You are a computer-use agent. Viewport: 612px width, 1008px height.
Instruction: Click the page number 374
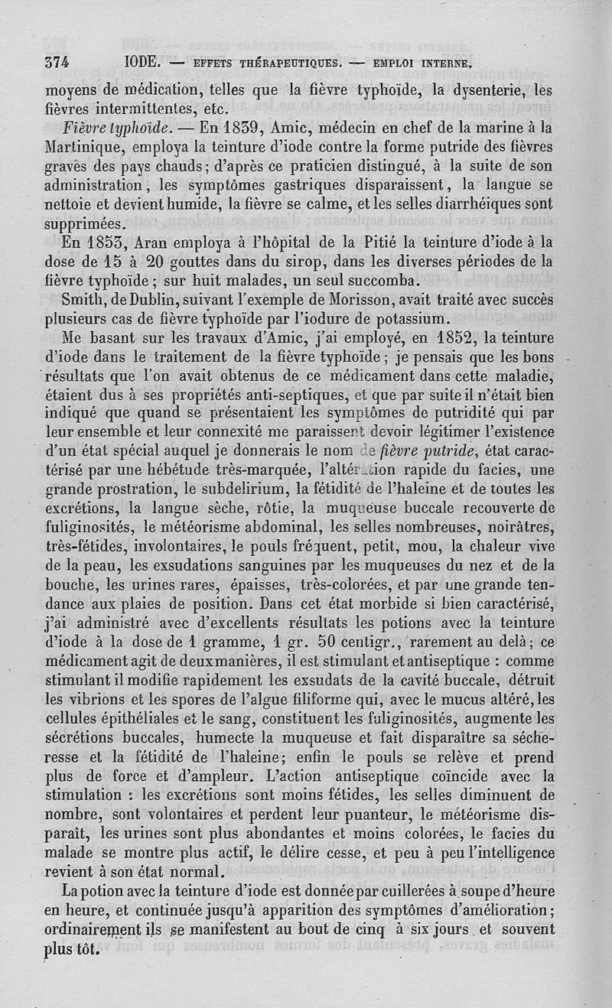tap(59, 62)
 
